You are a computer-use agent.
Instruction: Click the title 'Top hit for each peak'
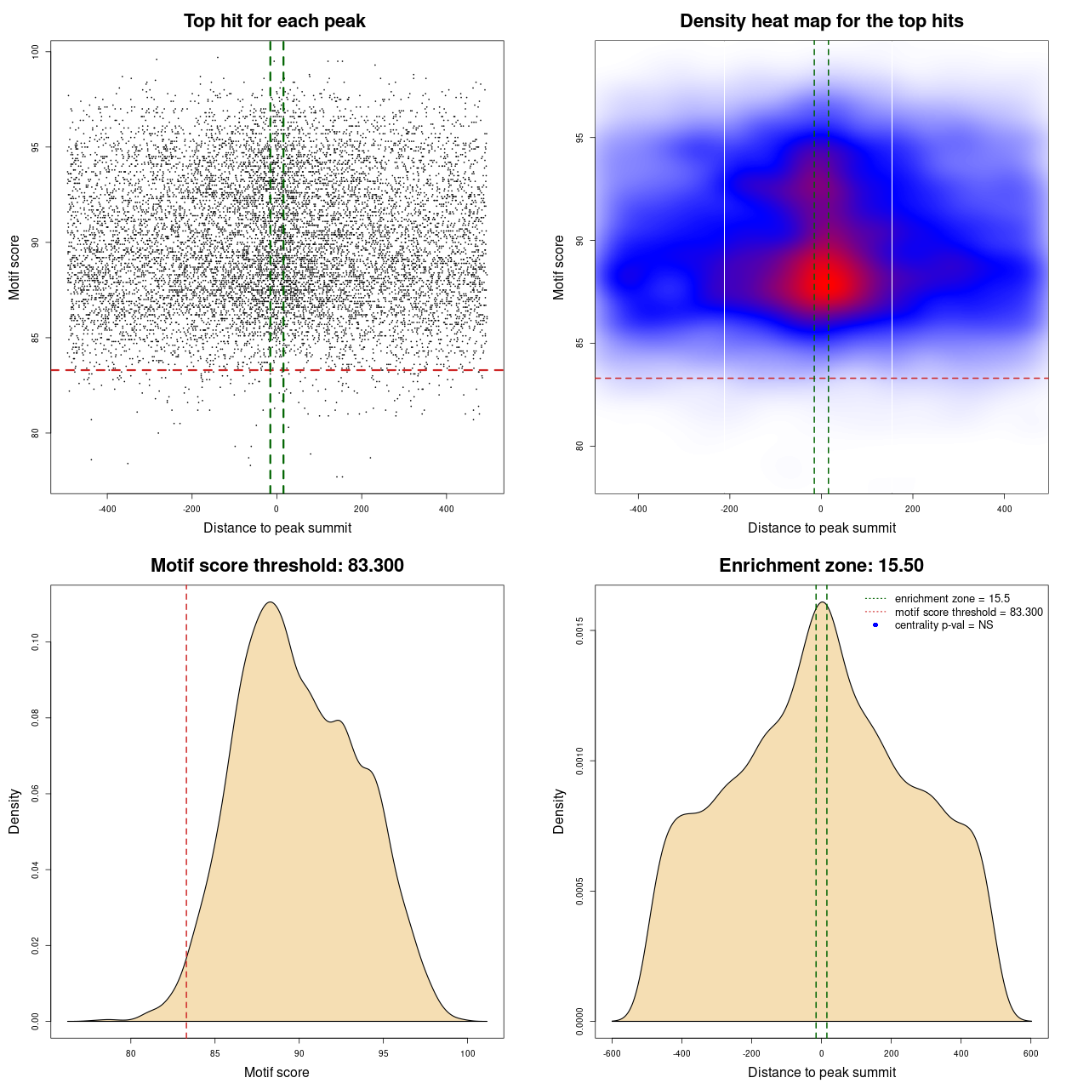[275, 21]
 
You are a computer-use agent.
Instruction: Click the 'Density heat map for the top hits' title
[821, 21]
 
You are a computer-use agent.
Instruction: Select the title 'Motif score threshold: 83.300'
[277, 566]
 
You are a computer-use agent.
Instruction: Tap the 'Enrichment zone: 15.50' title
[821, 566]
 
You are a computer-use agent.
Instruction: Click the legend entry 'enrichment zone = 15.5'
[952, 599]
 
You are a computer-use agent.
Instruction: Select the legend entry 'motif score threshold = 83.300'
[968, 612]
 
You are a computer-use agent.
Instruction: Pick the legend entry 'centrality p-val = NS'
[944, 625]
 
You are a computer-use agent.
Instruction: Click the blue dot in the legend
[875, 625]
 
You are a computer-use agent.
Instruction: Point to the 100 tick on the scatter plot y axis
[36, 52]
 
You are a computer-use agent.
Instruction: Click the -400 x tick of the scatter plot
[107, 509]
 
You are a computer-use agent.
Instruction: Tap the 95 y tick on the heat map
[580, 138]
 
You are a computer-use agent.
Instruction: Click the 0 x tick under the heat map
[821, 509]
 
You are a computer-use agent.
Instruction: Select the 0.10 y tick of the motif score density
[36, 642]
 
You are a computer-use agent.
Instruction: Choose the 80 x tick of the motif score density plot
[130, 1053]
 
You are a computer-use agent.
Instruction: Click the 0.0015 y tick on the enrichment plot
[580, 630]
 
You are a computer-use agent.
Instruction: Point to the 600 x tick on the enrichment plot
[1031, 1053]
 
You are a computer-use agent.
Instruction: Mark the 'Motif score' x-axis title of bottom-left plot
[277, 1072]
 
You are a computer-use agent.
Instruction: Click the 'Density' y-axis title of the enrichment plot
[559, 811]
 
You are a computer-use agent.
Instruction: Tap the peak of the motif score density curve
[271, 602]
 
